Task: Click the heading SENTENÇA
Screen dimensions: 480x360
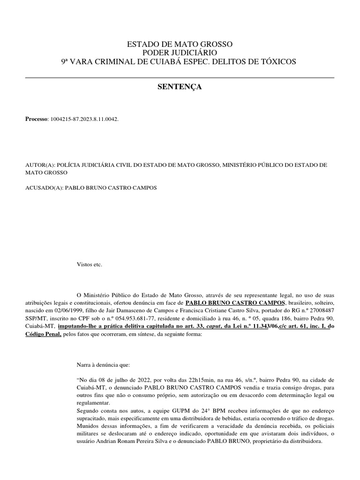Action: tap(180, 87)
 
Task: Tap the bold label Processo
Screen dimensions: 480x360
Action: tap(37, 120)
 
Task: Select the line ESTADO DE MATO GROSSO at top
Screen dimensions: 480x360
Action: tap(180, 45)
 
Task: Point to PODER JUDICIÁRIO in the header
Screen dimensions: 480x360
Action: tap(180, 53)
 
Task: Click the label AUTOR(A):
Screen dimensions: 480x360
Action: tap(40, 165)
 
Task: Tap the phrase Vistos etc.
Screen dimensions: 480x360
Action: tap(89, 264)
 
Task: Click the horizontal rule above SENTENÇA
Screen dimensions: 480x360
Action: tap(180, 77)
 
